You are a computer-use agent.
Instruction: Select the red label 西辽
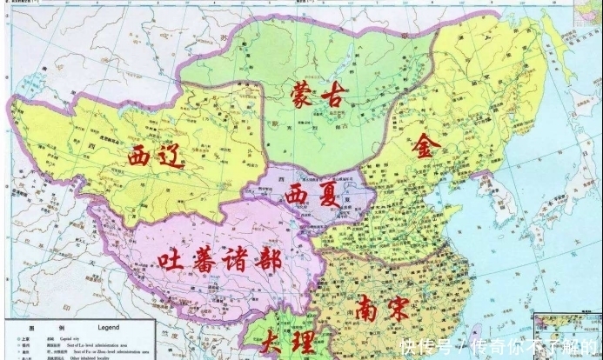(x=158, y=157)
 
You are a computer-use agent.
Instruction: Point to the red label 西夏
(x=312, y=194)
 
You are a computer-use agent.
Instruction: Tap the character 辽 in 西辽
(x=176, y=157)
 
